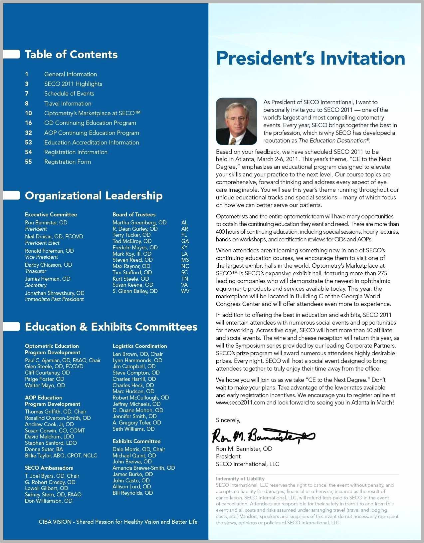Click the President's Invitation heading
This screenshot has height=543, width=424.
[x=311, y=58]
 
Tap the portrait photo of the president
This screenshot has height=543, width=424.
[x=236, y=121]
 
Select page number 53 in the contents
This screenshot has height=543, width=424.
[x=29, y=142]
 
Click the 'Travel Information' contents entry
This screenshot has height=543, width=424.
[x=68, y=104]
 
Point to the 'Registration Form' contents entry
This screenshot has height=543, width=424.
[x=68, y=162]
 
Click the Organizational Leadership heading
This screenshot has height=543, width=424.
[x=94, y=195]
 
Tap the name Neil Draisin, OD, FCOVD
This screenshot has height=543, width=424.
[x=54, y=236]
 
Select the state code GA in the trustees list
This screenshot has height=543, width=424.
[x=185, y=241]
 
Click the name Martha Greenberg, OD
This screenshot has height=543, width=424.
[x=139, y=222]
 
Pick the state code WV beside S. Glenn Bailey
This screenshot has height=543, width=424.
[x=185, y=291]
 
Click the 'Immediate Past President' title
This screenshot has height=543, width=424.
[x=54, y=299]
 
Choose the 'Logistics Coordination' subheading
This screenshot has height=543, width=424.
[x=140, y=346]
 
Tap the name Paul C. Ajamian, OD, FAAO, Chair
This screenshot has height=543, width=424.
[x=63, y=360]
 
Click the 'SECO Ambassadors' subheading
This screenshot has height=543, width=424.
[x=49, y=468]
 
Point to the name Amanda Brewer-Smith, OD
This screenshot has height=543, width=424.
[x=143, y=468]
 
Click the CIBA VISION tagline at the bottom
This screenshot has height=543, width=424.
[x=118, y=522]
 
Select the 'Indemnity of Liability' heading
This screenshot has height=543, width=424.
[x=240, y=478]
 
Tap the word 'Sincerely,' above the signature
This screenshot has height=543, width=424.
[x=228, y=420]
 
